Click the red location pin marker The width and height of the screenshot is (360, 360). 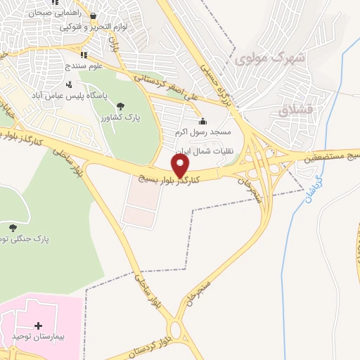tap(181, 167)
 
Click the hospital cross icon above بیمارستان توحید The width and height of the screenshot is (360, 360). tap(38, 326)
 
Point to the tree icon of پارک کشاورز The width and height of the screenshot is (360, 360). tap(123, 105)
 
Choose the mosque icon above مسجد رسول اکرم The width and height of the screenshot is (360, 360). tap(202, 121)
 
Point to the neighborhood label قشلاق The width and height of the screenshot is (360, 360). tap(293, 110)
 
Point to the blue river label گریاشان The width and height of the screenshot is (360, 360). tap(314, 188)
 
